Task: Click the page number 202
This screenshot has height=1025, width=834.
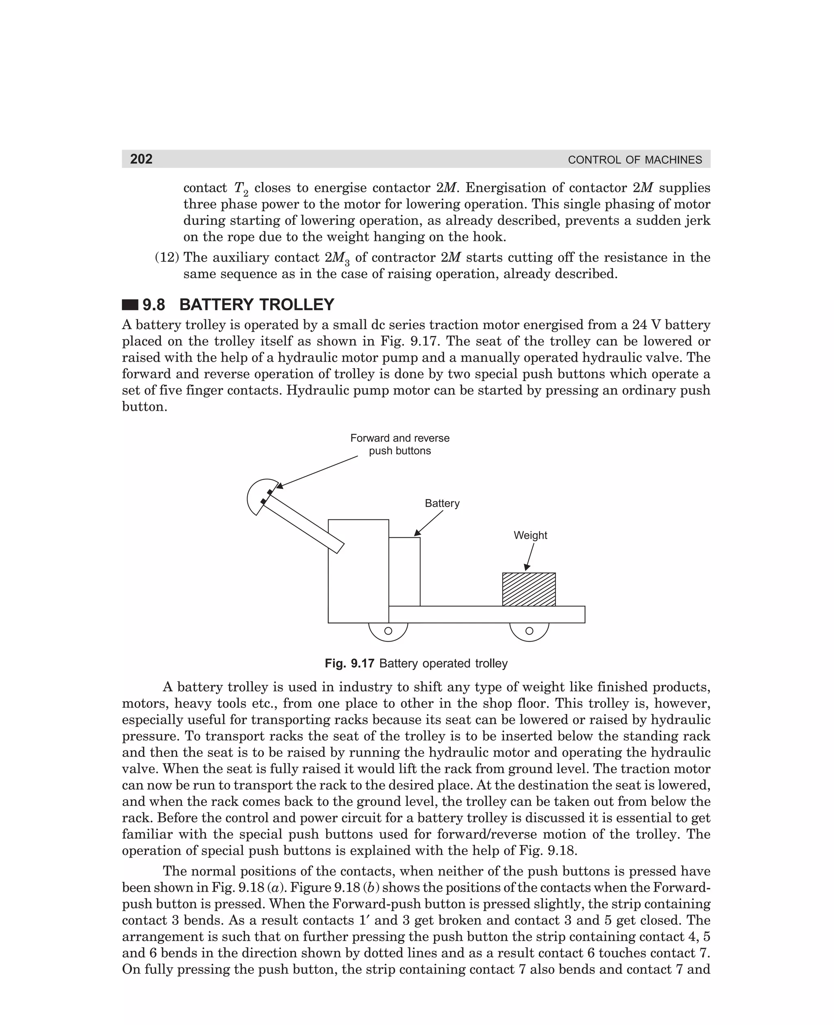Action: tap(141, 159)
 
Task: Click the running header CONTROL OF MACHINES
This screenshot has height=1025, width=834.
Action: tap(634, 160)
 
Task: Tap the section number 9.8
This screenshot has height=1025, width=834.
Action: tap(154, 305)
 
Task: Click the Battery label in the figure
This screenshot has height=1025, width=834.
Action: tap(441, 503)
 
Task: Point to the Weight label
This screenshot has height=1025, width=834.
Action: tap(530, 535)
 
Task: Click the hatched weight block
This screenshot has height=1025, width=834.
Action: tap(529, 589)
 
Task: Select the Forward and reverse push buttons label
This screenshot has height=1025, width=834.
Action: tap(400, 444)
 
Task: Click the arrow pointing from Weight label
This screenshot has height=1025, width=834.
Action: tap(529, 556)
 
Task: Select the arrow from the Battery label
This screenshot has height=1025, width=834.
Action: tap(428, 523)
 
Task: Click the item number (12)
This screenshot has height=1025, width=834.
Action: tap(166, 257)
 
